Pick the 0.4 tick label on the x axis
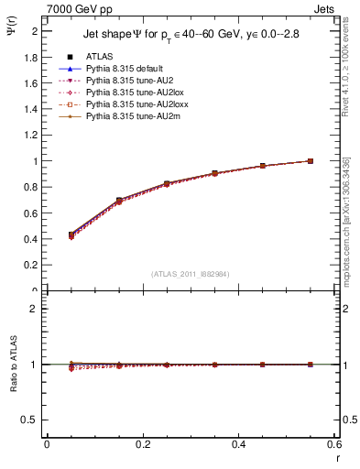(238, 445)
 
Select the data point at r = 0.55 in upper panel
(311, 161)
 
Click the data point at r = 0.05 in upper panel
(71, 234)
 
